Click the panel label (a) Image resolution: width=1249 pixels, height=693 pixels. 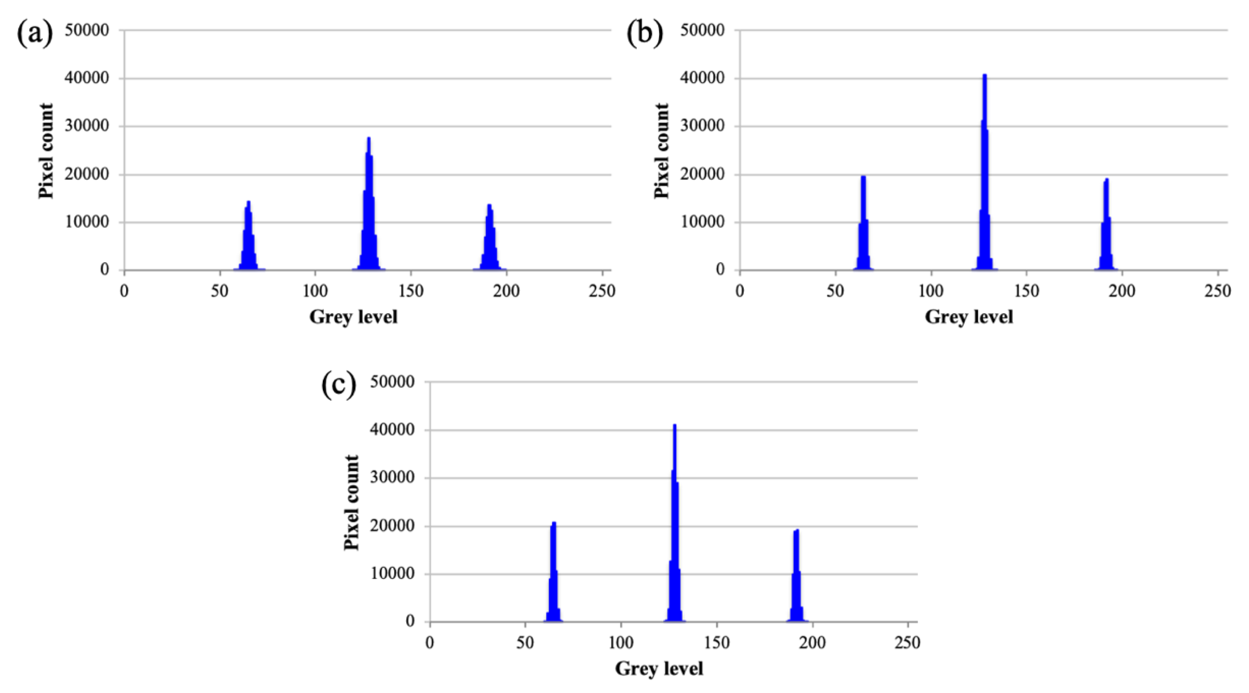coord(35,34)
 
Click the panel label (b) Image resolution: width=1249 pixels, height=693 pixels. coord(645,34)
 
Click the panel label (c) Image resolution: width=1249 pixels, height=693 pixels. coord(339,385)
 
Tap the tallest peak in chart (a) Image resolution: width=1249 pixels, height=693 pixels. coord(369,204)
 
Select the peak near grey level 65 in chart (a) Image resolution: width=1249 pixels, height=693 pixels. coord(248,237)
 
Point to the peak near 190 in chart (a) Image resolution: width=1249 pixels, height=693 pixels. coord(490,237)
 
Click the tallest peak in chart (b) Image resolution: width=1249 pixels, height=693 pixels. coord(984,170)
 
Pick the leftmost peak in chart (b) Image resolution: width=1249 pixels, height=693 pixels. coord(863,223)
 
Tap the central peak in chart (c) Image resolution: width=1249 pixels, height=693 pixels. coord(674,524)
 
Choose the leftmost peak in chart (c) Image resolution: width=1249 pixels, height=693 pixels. coord(553,572)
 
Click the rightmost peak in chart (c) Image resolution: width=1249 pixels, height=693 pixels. coord(796,577)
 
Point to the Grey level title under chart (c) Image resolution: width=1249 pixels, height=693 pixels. coord(659,668)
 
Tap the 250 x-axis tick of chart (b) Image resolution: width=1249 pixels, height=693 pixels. coord(1218,291)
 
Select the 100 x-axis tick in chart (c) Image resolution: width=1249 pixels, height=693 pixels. coord(621,642)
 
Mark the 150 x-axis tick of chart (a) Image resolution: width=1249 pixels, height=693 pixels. coord(411,291)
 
